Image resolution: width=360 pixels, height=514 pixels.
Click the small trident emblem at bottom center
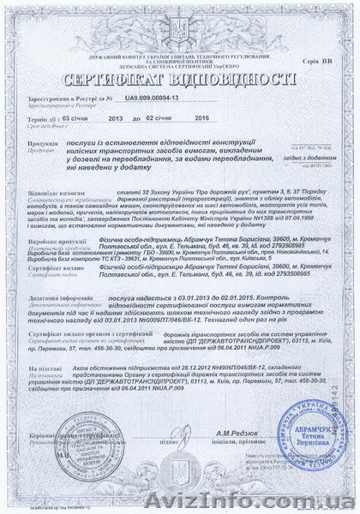pos(178,487)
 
